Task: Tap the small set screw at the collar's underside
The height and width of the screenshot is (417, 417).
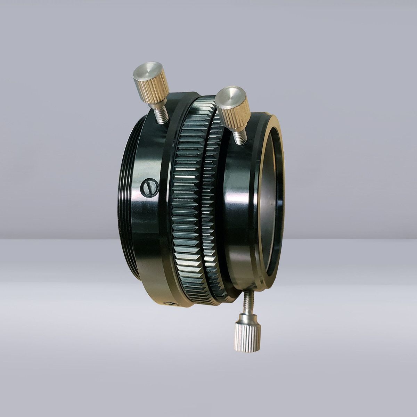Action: [x=171, y=304]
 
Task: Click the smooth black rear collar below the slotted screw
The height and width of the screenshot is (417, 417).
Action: [x=149, y=236]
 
